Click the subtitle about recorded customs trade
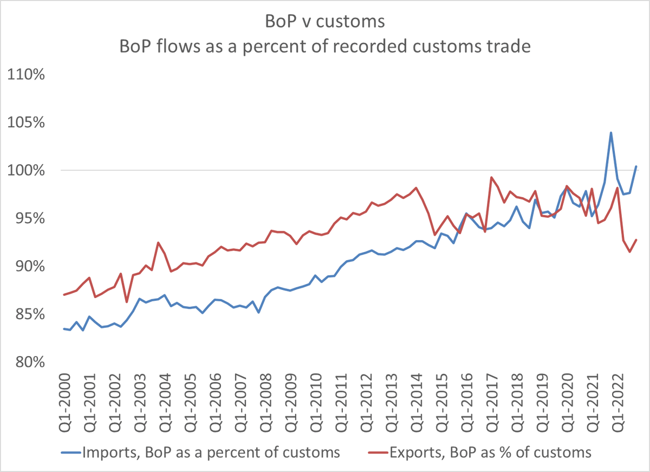tap(324, 47)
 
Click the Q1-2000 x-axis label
tap(64, 400)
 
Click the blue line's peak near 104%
tap(611, 133)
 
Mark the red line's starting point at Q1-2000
tap(64, 295)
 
